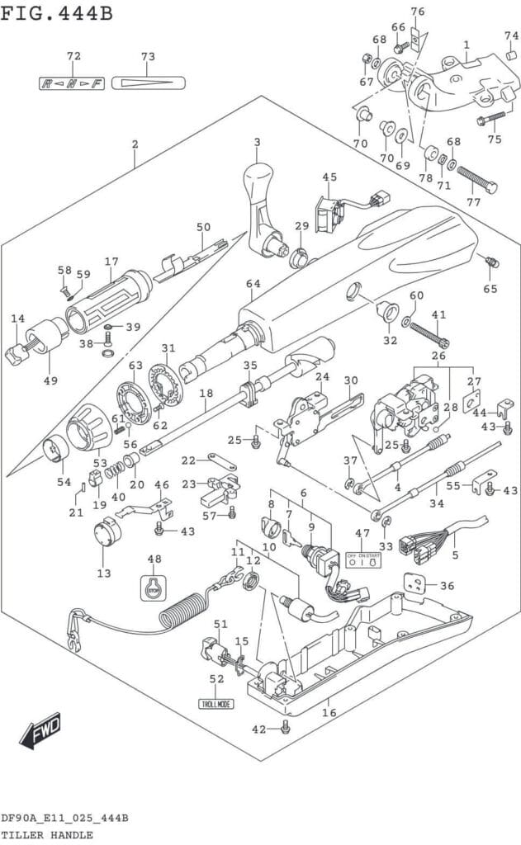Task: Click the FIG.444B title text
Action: pyautogui.click(x=57, y=14)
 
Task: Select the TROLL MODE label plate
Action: pyautogui.click(x=216, y=704)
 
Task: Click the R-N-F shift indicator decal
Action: pyautogui.click(x=72, y=83)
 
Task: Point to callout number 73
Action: pyautogui.click(x=149, y=57)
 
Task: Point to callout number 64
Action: pyautogui.click(x=253, y=284)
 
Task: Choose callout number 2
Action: pyautogui.click(x=135, y=144)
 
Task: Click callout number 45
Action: pyautogui.click(x=329, y=177)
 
